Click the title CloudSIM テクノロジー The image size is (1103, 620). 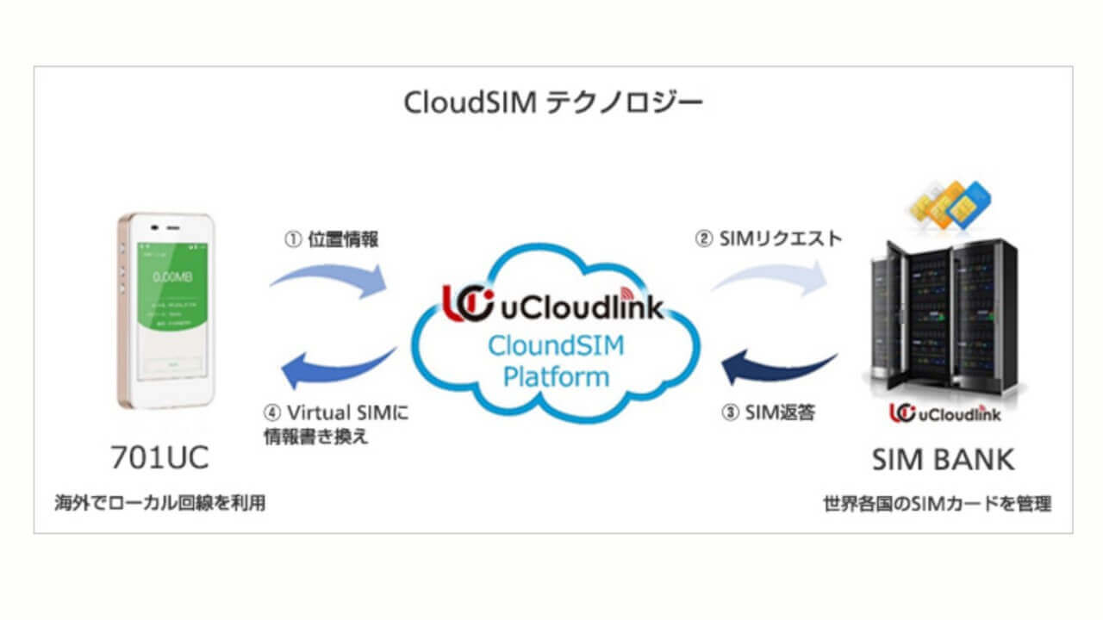[552, 104]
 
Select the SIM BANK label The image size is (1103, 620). [943, 459]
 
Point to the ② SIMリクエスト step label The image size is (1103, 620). [768, 239]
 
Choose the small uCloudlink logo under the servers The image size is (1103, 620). [945, 413]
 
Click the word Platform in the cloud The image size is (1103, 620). [556, 376]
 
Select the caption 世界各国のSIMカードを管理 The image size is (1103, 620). [937, 504]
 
